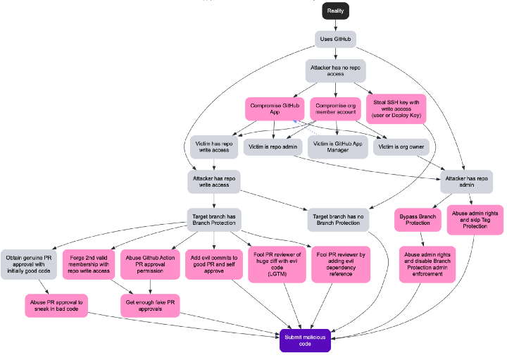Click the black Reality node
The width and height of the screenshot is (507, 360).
(336, 11)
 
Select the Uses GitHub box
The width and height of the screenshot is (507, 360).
(335, 39)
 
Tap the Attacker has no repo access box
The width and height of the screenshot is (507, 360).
(335, 70)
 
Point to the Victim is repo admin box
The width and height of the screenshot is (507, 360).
(274, 148)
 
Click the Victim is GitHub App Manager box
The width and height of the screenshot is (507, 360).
(337, 147)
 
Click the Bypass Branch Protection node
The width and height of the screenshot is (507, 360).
(420, 219)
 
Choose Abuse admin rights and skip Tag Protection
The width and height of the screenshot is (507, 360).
(474, 219)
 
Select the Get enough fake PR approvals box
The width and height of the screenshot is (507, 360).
(149, 305)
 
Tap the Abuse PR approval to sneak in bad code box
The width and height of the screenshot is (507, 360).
(56, 305)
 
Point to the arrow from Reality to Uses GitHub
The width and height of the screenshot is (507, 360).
(336, 25)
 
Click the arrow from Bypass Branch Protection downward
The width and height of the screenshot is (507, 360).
(421, 239)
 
